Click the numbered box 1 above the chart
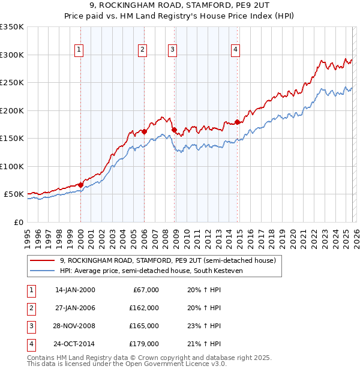80,50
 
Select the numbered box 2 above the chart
142,50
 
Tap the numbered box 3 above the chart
172,50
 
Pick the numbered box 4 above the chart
236,50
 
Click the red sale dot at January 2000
80,185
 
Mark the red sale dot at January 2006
145,131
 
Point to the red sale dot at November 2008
175,130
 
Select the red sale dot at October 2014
238,122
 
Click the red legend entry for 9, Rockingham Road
167,261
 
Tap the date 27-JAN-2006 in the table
75,308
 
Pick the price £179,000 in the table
144,344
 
